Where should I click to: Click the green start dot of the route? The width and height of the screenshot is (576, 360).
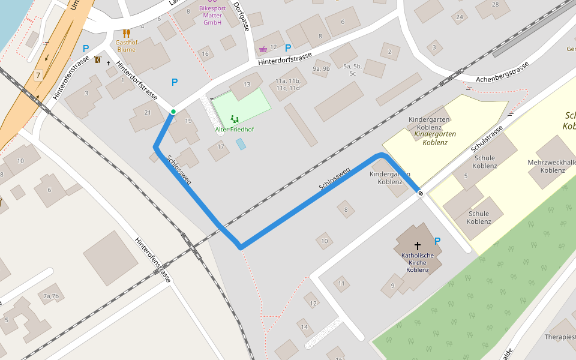[173, 112]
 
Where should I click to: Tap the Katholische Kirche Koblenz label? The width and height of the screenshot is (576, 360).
[418, 262]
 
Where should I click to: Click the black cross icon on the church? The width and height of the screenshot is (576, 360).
[418, 246]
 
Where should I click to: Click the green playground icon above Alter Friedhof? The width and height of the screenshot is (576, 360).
[235, 119]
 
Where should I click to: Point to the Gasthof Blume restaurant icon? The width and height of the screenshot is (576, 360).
[126, 34]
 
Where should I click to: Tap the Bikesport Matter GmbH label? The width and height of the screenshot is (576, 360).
[212, 16]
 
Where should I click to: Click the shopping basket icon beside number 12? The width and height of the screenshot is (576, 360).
[262, 49]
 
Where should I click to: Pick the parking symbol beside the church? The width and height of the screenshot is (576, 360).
[437, 241]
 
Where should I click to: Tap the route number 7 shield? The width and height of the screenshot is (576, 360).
[38, 75]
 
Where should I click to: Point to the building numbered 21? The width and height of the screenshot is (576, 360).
[148, 113]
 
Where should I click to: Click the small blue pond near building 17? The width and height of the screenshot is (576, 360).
[241, 144]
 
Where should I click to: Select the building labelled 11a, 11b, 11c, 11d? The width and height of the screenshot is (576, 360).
[287, 84]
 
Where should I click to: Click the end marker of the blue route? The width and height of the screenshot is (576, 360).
[421, 193]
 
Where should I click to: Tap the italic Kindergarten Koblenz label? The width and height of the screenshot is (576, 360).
[435, 138]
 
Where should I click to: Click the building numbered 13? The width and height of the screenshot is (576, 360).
[247, 85]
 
